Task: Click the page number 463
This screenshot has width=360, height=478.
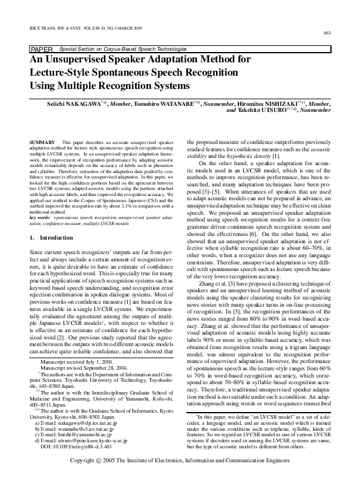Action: [x=327, y=33]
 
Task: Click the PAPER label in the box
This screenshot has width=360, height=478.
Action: [x=41, y=48]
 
